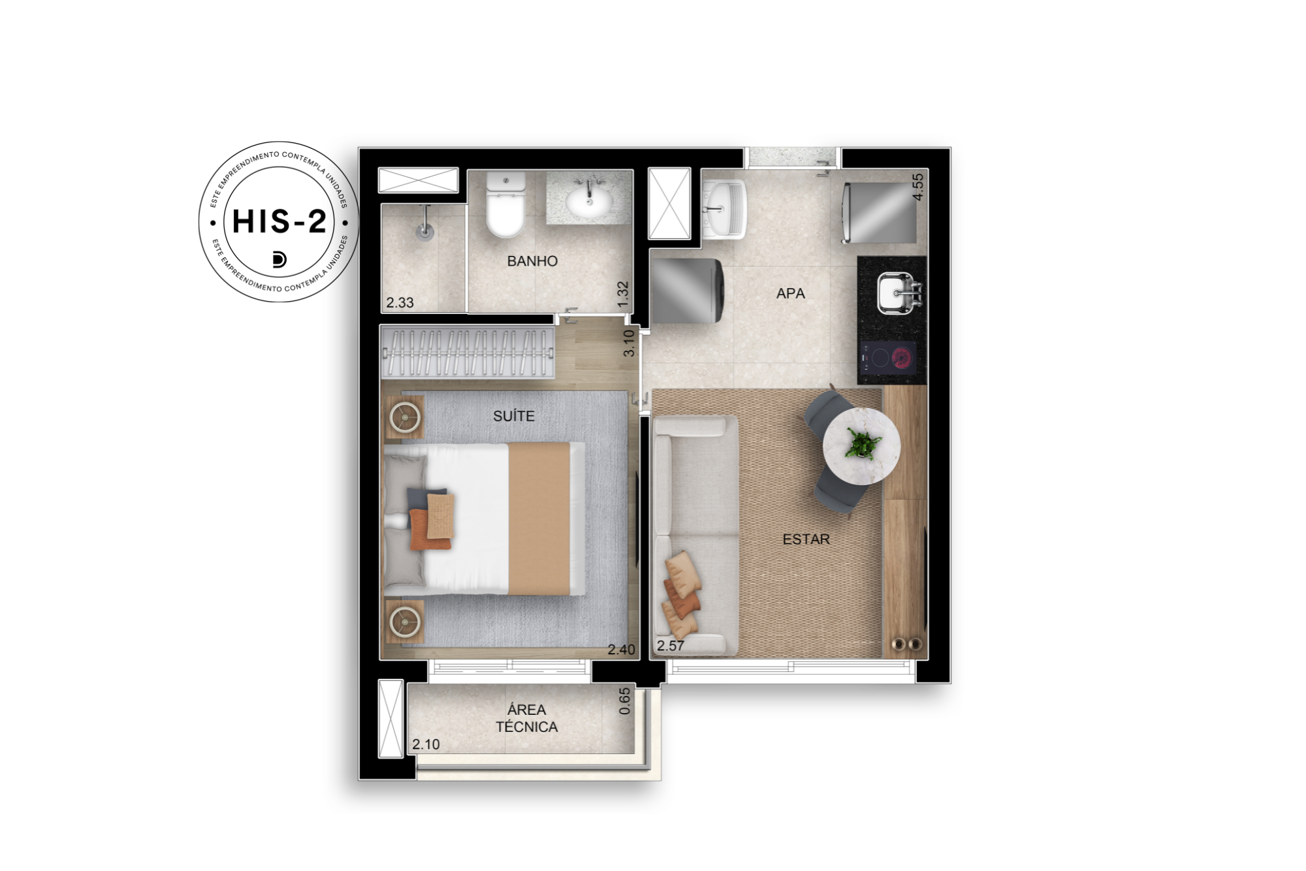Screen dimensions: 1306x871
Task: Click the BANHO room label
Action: point(532,261)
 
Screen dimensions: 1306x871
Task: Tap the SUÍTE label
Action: point(514,416)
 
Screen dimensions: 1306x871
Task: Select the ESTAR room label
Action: point(806,539)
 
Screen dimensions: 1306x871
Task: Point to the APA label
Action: point(790,294)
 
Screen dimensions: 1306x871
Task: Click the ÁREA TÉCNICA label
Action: point(526,718)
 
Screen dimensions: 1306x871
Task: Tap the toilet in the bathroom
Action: point(505,204)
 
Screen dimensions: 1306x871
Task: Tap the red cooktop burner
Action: point(902,358)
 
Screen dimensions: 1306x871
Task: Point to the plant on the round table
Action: point(862,443)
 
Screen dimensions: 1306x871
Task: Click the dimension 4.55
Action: point(918,187)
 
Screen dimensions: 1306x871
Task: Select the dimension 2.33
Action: point(400,303)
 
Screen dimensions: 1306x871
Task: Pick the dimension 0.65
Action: point(625,701)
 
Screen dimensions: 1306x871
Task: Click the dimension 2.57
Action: point(671,646)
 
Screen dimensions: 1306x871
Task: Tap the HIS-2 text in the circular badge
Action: point(279,221)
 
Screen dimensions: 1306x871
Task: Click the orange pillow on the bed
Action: point(429,529)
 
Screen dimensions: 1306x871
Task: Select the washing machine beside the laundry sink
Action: point(687,291)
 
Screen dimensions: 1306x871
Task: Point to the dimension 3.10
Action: point(629,343)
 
